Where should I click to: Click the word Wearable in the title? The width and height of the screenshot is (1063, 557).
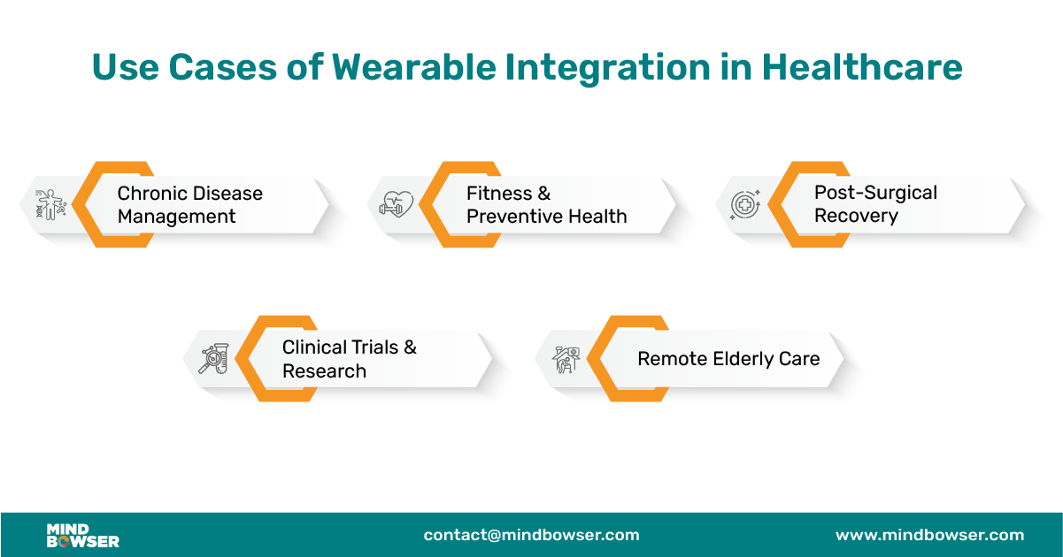tap(414, 67)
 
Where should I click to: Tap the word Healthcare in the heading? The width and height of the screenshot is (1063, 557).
tap(862, 67)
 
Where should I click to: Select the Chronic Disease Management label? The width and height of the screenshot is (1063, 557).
tap(189, 205)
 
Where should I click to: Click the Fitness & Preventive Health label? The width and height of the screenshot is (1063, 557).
tap(547, 205)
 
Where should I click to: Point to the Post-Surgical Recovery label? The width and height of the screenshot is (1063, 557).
tap(875, 204)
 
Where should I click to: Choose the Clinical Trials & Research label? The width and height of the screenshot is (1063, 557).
tap(350, 359)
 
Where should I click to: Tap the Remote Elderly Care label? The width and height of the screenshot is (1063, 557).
tap(728, 359)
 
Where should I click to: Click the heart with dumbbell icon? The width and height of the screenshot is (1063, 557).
tap(397, 204)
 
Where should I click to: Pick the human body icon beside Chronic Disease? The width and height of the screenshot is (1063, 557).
tap(50, 204)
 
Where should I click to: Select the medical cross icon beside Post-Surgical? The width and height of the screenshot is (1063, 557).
tap(745, 204)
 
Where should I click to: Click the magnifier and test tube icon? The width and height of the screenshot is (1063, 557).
tap(214, 359)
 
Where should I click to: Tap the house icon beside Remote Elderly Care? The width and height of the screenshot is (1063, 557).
tap(566, 360)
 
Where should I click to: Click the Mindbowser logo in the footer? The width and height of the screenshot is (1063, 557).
tap(82, 536)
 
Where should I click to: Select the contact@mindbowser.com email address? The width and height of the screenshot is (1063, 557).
tap(531, 535)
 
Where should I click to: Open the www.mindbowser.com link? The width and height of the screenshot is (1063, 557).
tap(929, 535)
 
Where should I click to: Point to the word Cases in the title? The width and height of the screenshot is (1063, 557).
tap(222, 67)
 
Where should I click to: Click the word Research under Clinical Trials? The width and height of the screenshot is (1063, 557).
tap(324, 371)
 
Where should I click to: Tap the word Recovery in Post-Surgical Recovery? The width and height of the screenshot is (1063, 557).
tap(856, 216)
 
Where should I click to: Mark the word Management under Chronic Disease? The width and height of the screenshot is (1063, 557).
tap(176, 217)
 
